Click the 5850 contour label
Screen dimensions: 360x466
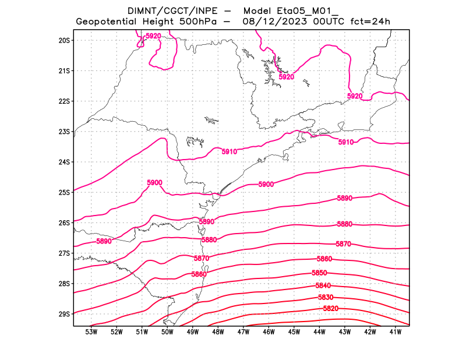click(x=319, y=273)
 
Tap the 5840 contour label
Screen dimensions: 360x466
click(x=323, y=285)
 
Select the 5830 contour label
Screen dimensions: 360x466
click(x=326, y=298)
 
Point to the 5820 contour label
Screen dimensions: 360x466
click(x=330, y=309)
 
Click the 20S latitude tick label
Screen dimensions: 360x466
click(x=64, y=40)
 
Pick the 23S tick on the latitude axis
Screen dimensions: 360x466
click(x=64, y=132)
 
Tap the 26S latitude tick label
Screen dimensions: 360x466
click(x=64, y=223)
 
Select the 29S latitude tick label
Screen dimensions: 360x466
click(x=64, y=314)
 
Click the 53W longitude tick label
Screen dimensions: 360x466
click(x=91, y=332)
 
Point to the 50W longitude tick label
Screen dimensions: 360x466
click(x=167, y=332)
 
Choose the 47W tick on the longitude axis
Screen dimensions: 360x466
click(x=243, y=332)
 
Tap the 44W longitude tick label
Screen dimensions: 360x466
click(x=319, y=332)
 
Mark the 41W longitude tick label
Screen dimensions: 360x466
click(x=396, y=332)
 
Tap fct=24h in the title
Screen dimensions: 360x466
click(x=370, y=22)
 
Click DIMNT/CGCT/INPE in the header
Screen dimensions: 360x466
click(x=166, y=10)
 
